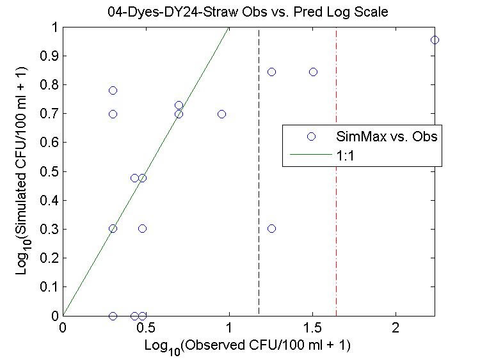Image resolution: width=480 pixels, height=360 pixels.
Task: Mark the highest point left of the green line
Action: (x=113, y=90)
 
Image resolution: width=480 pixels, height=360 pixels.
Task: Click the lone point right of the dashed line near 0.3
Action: (x=271, y=228)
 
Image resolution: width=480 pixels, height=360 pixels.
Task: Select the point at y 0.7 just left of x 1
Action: (x=221, y=114)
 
